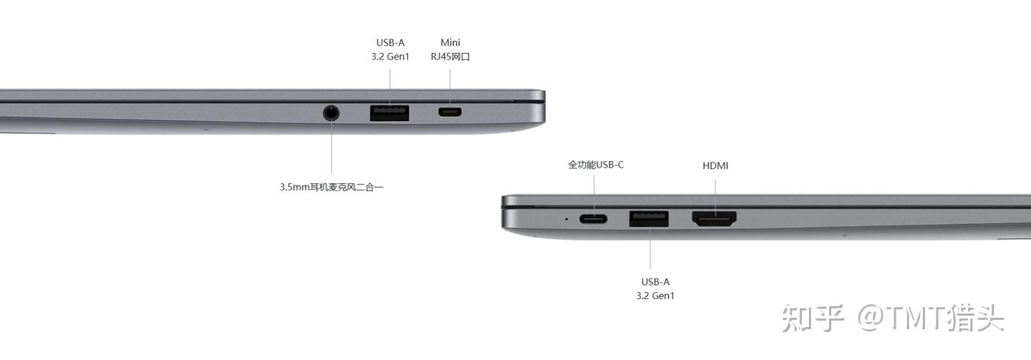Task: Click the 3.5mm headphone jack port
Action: (331, 112)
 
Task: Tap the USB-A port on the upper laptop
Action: (389, 113)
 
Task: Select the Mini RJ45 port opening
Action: (450, 112)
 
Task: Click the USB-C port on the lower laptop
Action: (594, 219)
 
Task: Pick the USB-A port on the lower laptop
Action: (649, 218)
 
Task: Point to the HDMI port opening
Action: (714, 218)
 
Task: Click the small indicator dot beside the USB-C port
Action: (566, 219)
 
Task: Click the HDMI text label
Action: (715, 166)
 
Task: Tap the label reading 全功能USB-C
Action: (596, 165)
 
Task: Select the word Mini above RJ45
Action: (450, 42)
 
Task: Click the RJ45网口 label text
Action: (450, 57)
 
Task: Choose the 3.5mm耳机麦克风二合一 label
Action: (331, 187)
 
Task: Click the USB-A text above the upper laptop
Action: (390, 42)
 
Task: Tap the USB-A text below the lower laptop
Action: (655, 282)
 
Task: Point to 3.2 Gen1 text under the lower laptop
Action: (655, 296)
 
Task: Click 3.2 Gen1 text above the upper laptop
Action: (390, 56)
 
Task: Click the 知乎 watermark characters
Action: (813, 318)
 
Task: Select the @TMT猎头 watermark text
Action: (931, 318)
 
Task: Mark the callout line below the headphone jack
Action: (331, 147)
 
